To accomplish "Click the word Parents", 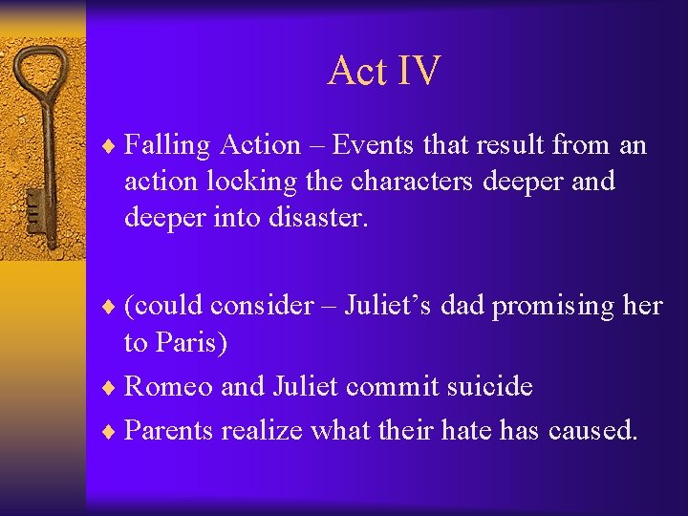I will (x=170, y=431).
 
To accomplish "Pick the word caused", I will (x=593, y=431).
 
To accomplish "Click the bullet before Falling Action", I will (x=112, y=146).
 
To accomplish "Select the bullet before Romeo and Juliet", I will (x=112, y=387).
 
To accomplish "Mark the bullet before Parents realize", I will (x=112, y=432).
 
